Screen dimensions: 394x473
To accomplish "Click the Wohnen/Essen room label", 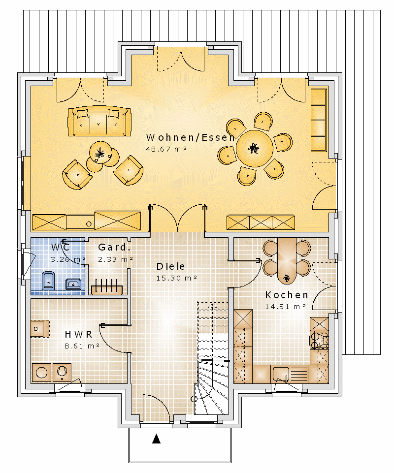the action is pos(190,137).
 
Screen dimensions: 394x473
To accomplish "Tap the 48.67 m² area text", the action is pos(166,149).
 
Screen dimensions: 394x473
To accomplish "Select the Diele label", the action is pos(170,266).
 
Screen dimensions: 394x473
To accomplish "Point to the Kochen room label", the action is pos(287,295).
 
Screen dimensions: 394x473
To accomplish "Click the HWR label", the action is pos(78,334).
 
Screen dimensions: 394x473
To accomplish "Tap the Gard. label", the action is pos(114,248).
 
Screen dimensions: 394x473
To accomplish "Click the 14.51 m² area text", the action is pos(285,307).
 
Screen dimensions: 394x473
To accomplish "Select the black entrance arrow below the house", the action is pos(156,439).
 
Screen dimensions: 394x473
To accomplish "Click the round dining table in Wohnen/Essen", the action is pos(254,148).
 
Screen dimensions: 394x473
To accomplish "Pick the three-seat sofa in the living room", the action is pos(99,121).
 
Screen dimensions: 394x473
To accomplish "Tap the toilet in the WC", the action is pos(48,280).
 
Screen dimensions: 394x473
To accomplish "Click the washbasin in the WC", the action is pos(73,284).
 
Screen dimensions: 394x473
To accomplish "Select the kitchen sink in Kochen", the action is pos(280,374).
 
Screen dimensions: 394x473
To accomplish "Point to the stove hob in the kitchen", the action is pos(319,340).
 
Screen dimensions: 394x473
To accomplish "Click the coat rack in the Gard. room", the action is pos(107,287).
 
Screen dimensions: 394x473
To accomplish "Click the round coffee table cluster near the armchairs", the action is pos(102,157).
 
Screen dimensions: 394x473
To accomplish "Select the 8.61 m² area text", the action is pos(82,346).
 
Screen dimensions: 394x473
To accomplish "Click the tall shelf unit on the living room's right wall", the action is pos(319,120).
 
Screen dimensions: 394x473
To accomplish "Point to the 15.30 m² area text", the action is pos(177,278).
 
